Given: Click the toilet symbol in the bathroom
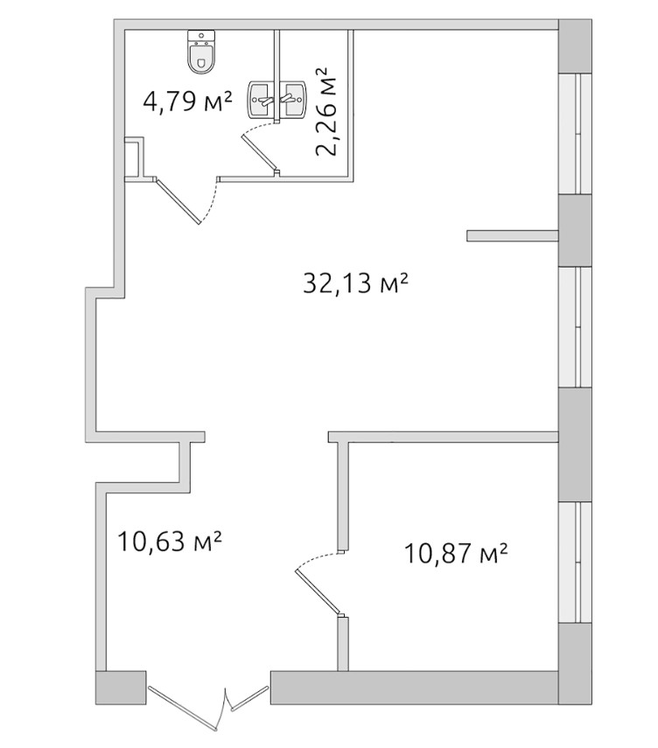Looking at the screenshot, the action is click(x=201, y=52).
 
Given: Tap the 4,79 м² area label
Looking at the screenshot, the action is click(x=188, y=101).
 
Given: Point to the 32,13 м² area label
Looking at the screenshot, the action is click(x=356, y=283).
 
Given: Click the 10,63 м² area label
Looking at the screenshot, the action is click(x=170, y=542).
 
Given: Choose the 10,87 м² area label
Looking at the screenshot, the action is click(x=455, y=554).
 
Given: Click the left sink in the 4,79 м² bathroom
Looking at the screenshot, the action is click(x=261, y=99).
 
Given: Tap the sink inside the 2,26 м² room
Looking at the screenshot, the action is click(x=292, y=99).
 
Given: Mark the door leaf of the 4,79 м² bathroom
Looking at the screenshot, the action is click(x=178, y=200).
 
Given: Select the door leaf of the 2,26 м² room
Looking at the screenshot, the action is click(x=260, y=152).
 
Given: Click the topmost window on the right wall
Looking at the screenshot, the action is click(x=576, y=134).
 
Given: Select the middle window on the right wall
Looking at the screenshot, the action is click(x=576, y=327).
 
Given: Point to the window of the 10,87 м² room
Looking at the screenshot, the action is click(x=576, y=562).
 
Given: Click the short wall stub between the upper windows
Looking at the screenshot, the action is click(x=513, y=235).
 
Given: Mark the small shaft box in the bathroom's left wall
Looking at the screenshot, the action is click(x=134, y=157).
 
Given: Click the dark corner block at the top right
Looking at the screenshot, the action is click(x=576, y=46).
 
